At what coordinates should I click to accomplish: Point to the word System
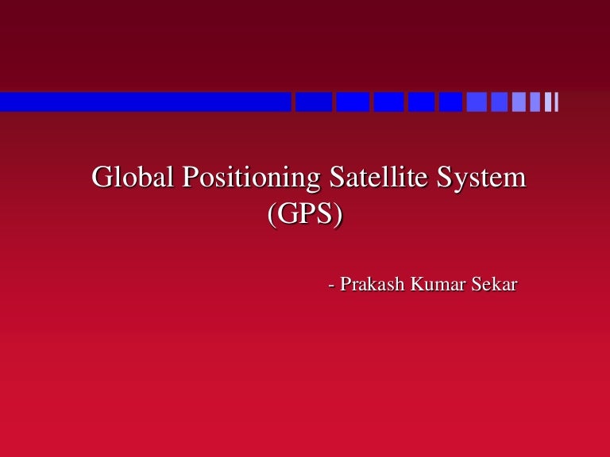tap(485, 179)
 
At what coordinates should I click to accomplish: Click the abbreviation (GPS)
tap(306, 215)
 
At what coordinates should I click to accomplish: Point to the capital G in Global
tap(102, 177)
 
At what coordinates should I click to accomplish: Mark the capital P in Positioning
tap(191, 177)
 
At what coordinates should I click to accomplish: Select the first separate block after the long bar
tap(314, 102)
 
